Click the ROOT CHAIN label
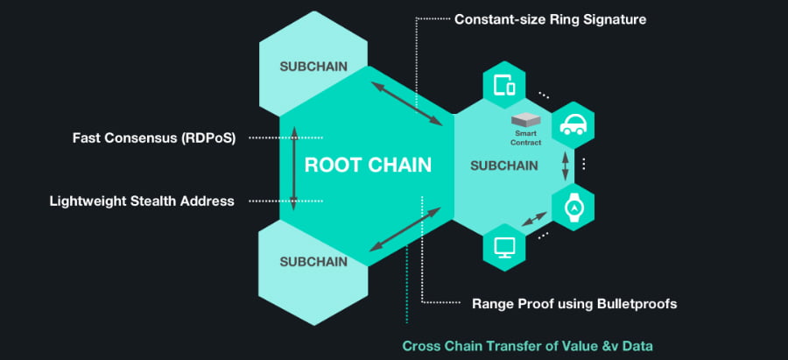tap(368, 165)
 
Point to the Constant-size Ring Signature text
tap(550, 18)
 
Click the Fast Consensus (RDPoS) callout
tap(154, 138)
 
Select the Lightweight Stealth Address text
tap(142, 201)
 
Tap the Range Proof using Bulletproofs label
tap(574, 304)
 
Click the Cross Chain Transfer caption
tap(527, 345)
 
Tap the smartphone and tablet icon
tap(504, 86)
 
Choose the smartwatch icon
tap(573, 207)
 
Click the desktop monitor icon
tap(504, 246)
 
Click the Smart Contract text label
tap(527, 138)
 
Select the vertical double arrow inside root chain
tap(294, 166)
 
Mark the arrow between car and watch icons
tap(566, 166)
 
